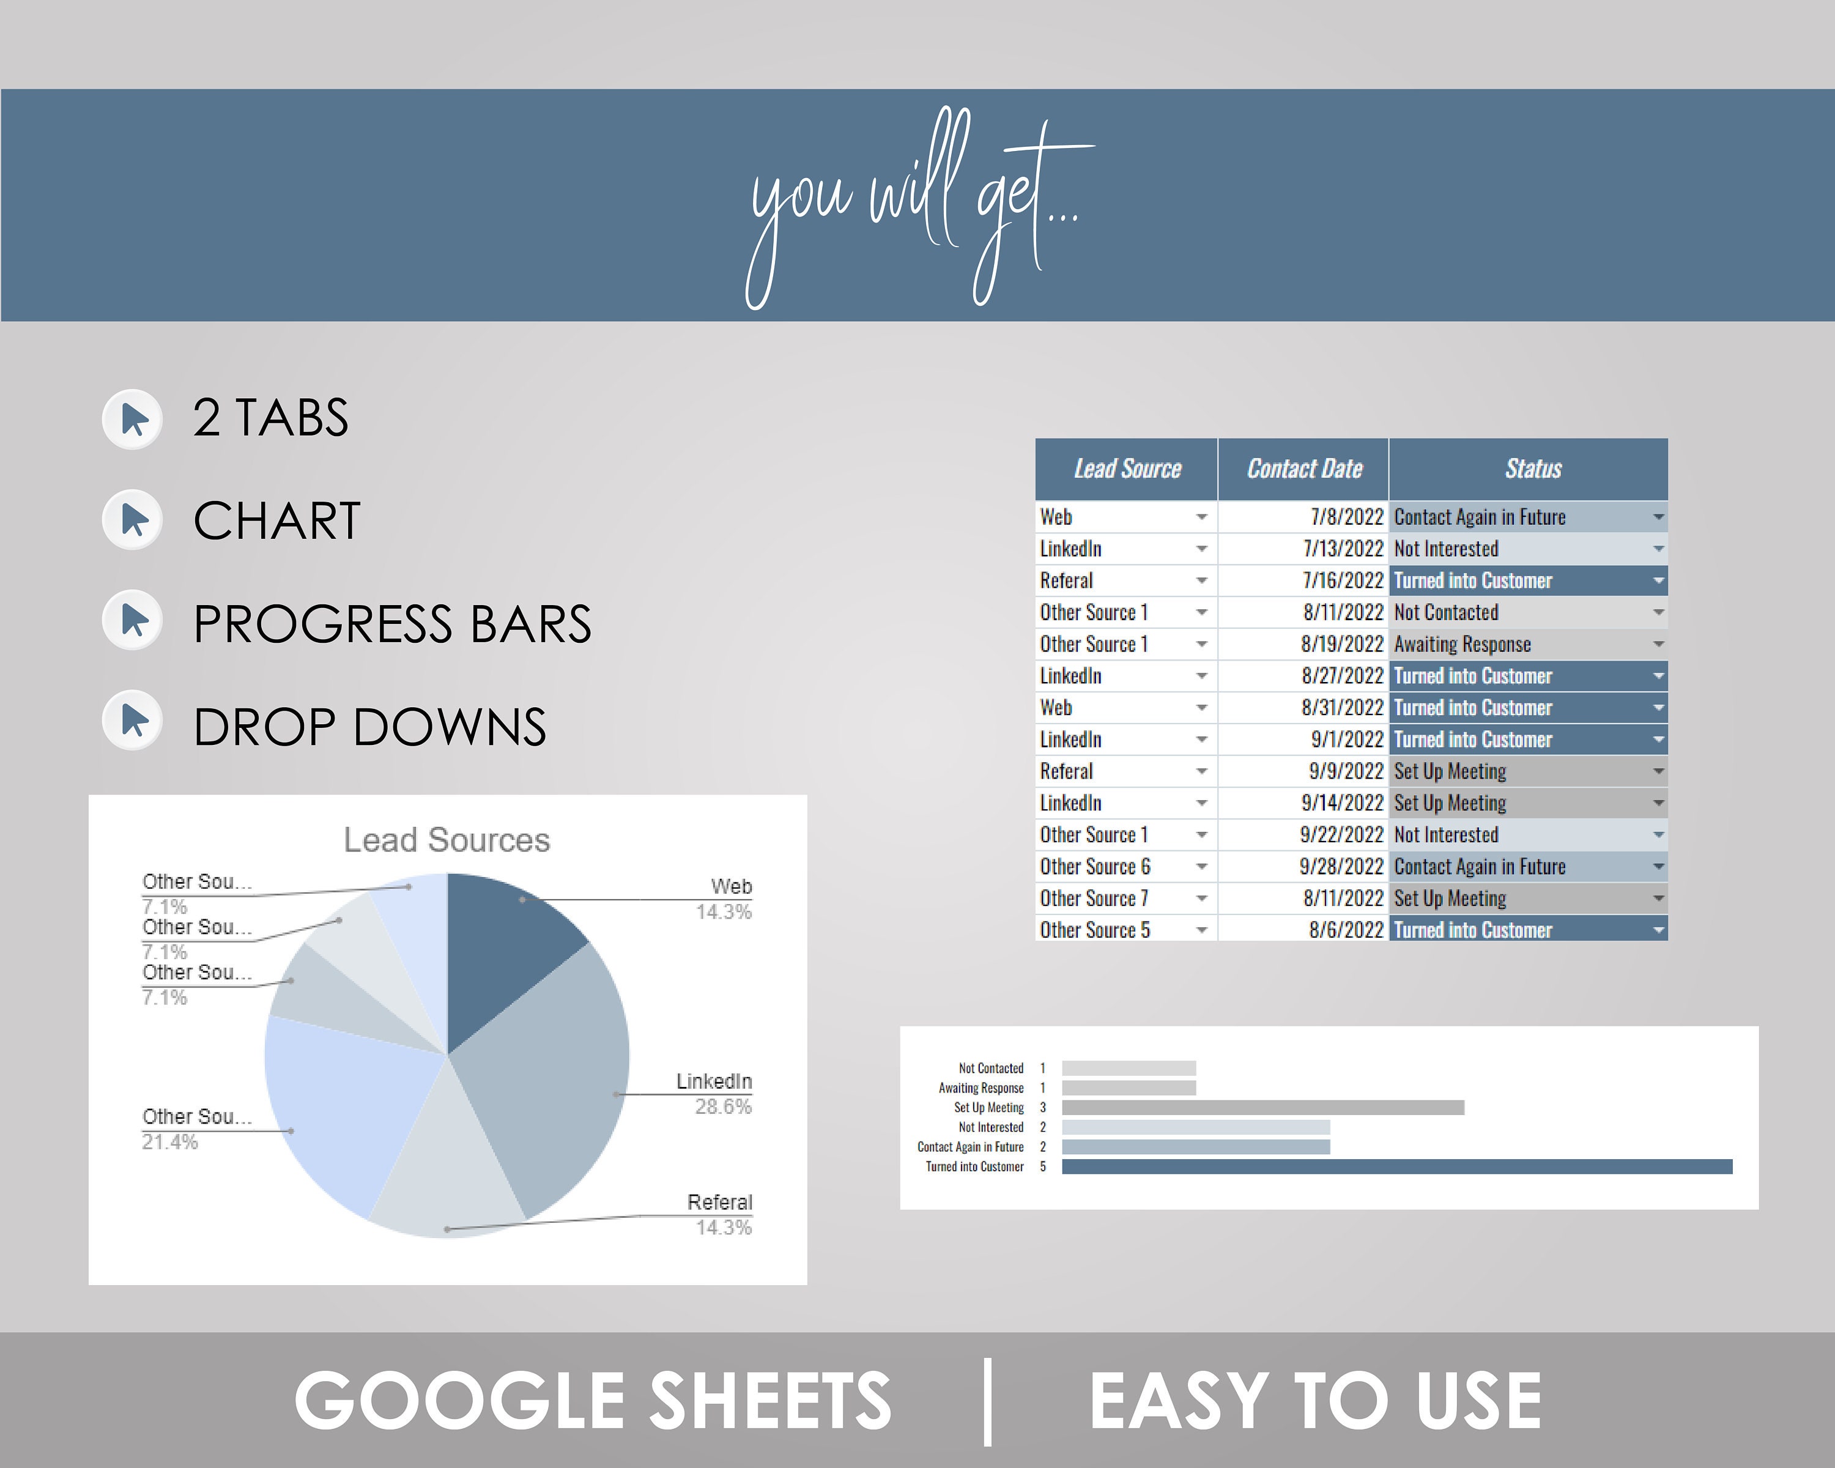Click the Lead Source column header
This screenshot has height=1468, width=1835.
click(x=1126, y=469)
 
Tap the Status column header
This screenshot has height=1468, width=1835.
click(x=1532, y=469)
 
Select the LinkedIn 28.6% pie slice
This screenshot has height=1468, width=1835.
click(x=553, y=1081)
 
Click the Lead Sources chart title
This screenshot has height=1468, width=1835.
click(x=447, y=840)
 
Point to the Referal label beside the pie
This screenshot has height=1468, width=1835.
click(x=719, y=1203)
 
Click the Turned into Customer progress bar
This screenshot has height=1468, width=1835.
click(x=1396, y=1166)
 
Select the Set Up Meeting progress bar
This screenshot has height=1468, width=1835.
click(x=1262, y=1108)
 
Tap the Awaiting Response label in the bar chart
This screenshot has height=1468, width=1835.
click(x=981, y=1088)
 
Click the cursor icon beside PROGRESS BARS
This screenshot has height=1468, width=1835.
click(x=133, y=621)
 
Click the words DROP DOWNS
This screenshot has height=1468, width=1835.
click(x=369, y=728)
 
